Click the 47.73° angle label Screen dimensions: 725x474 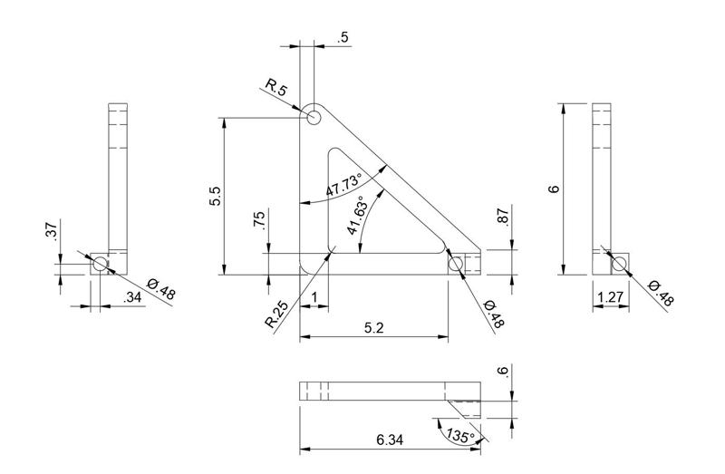[343, 184]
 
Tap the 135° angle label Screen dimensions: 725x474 [460, 436]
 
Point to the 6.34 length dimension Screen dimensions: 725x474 [390, 440]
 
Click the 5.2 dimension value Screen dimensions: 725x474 [374, 328]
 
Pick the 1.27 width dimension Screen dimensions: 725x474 [611, 296]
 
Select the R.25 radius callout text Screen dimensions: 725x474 [276, 314]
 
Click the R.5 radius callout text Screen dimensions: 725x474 [276, 87]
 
